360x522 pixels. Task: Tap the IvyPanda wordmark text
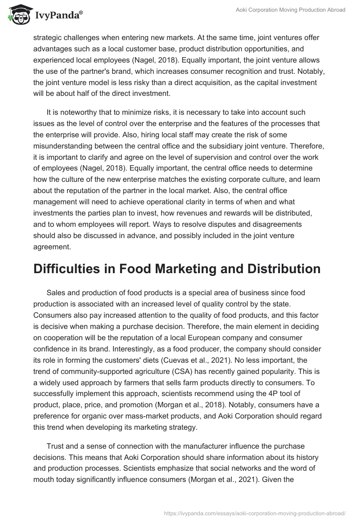[59, 15]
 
